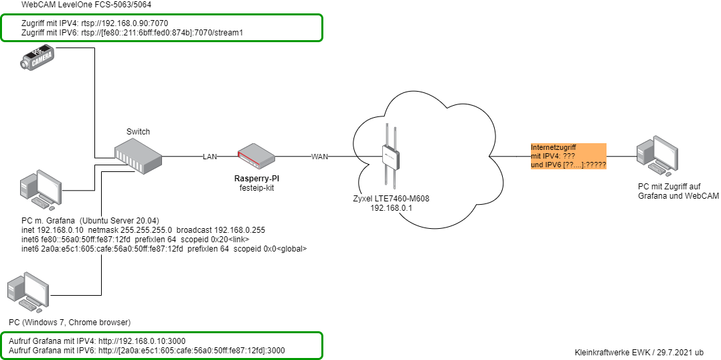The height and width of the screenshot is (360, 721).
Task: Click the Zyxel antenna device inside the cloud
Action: pyautogui.click(x=390, y=157)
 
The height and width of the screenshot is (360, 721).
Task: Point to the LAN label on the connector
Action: pyautogui.click(x=210, y=157)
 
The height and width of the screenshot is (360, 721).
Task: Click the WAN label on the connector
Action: pyautogui.click(x=319, y=157)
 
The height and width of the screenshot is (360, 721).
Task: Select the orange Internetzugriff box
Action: pyautogui.click(x=568, y=156)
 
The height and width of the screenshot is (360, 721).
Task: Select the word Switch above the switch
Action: pyautogui.click(x=139, y=132)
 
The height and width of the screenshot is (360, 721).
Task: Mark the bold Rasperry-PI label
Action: pyautogui.click(x=257, y=179)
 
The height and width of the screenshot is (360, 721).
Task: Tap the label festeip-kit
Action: pyautogui.click(x=257, y=188)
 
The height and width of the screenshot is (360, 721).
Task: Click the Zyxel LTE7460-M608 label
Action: pyautogui.click(x=390, y=199)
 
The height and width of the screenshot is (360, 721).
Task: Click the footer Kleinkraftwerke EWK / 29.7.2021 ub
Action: pyautogui.click(x=639, y=352)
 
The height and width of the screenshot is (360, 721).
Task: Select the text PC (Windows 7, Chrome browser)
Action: pyautogui.click(x=70, y=322)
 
